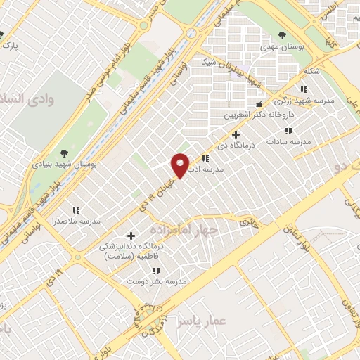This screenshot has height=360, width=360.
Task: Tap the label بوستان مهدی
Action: point(282,46)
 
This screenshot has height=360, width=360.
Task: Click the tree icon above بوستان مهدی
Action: point(282,34)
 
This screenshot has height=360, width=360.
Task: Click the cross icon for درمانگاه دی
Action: point(236,134)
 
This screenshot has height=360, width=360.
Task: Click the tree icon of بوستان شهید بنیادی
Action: point(64,151)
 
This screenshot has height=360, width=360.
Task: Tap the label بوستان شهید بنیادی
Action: point(64,163)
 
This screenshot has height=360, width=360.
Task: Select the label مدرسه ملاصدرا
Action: point(76,221)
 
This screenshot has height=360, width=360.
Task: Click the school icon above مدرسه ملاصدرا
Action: point(76,210)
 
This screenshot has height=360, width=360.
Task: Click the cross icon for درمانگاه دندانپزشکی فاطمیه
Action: point(131,235)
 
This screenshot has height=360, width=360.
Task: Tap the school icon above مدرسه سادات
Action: point(288,130)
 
